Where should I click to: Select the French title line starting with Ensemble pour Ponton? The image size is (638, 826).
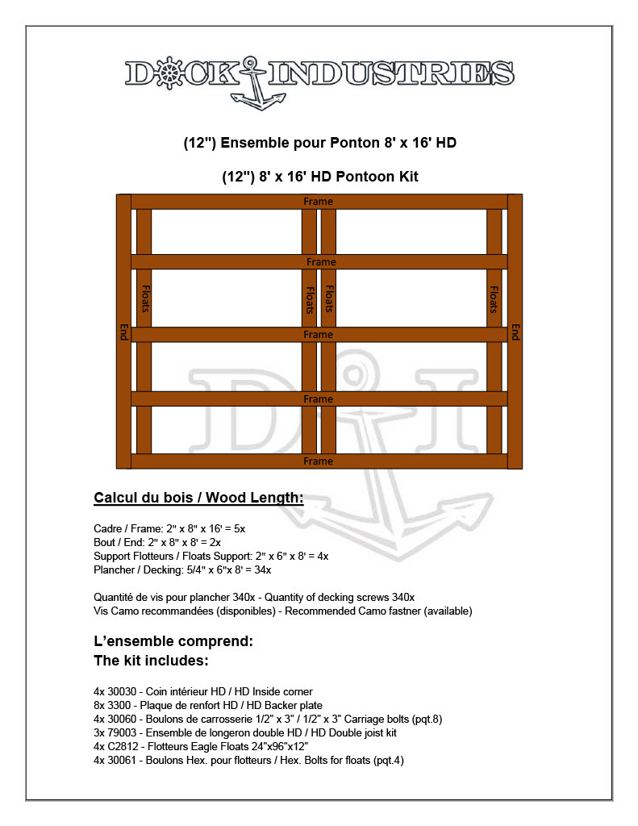point(319,144)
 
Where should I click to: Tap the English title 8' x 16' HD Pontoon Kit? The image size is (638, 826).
point(319,177)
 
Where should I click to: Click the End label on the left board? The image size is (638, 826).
point(123,332)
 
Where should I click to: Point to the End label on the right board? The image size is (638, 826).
point(515,332)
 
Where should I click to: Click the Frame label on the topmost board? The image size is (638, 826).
point(318,201)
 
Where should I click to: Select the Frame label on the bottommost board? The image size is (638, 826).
point(318,461)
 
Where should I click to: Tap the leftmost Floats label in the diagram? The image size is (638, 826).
point(144,299)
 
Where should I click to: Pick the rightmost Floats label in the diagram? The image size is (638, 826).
point(494,299)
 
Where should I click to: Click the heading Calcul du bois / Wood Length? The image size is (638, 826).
point(198,498)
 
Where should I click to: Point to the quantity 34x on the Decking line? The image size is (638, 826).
point(263,569)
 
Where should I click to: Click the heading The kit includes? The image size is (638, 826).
point(152,661)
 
